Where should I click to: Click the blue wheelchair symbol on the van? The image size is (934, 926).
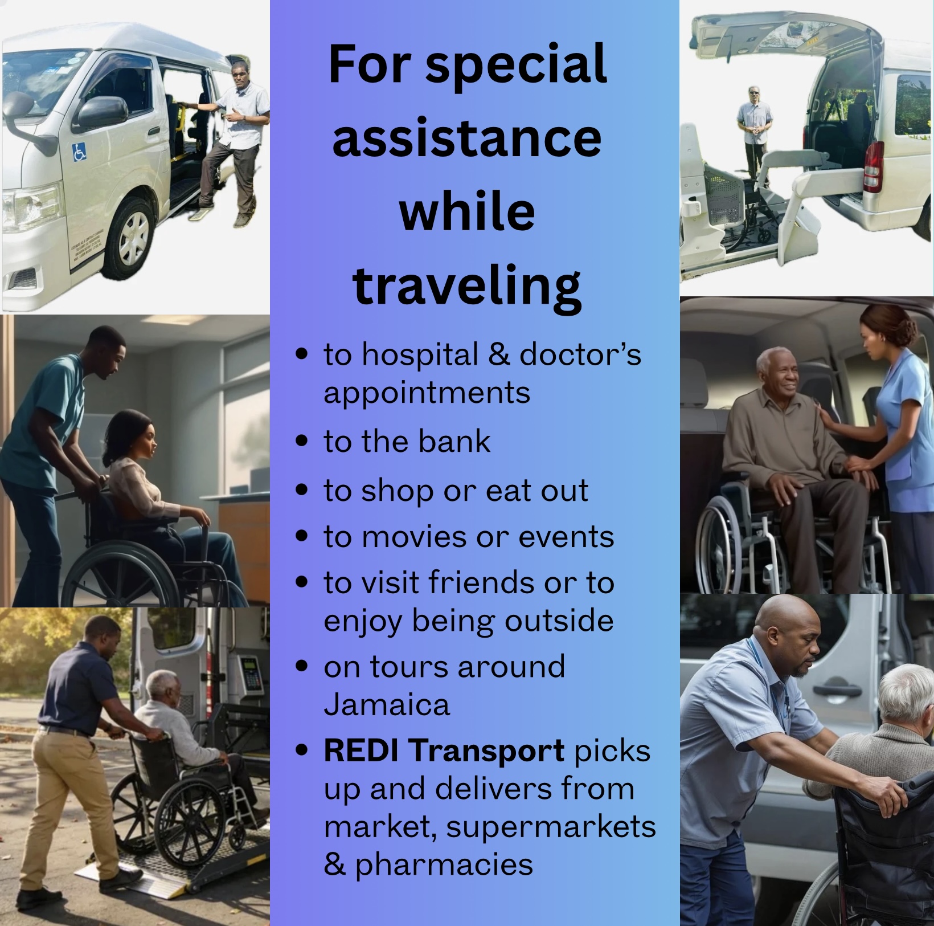click(80, 152)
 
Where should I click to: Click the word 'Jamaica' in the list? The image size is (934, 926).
click(387, 704)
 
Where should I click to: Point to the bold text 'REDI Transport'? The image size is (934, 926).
click(444, 750)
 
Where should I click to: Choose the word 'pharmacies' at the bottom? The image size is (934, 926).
click(444, 865)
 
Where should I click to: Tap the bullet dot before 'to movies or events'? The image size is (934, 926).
click(302, 536)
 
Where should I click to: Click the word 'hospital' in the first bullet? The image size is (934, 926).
click(420, 356)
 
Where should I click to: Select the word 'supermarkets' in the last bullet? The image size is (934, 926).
click(551, 827)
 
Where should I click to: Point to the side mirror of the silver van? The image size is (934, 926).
click(100, 112)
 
